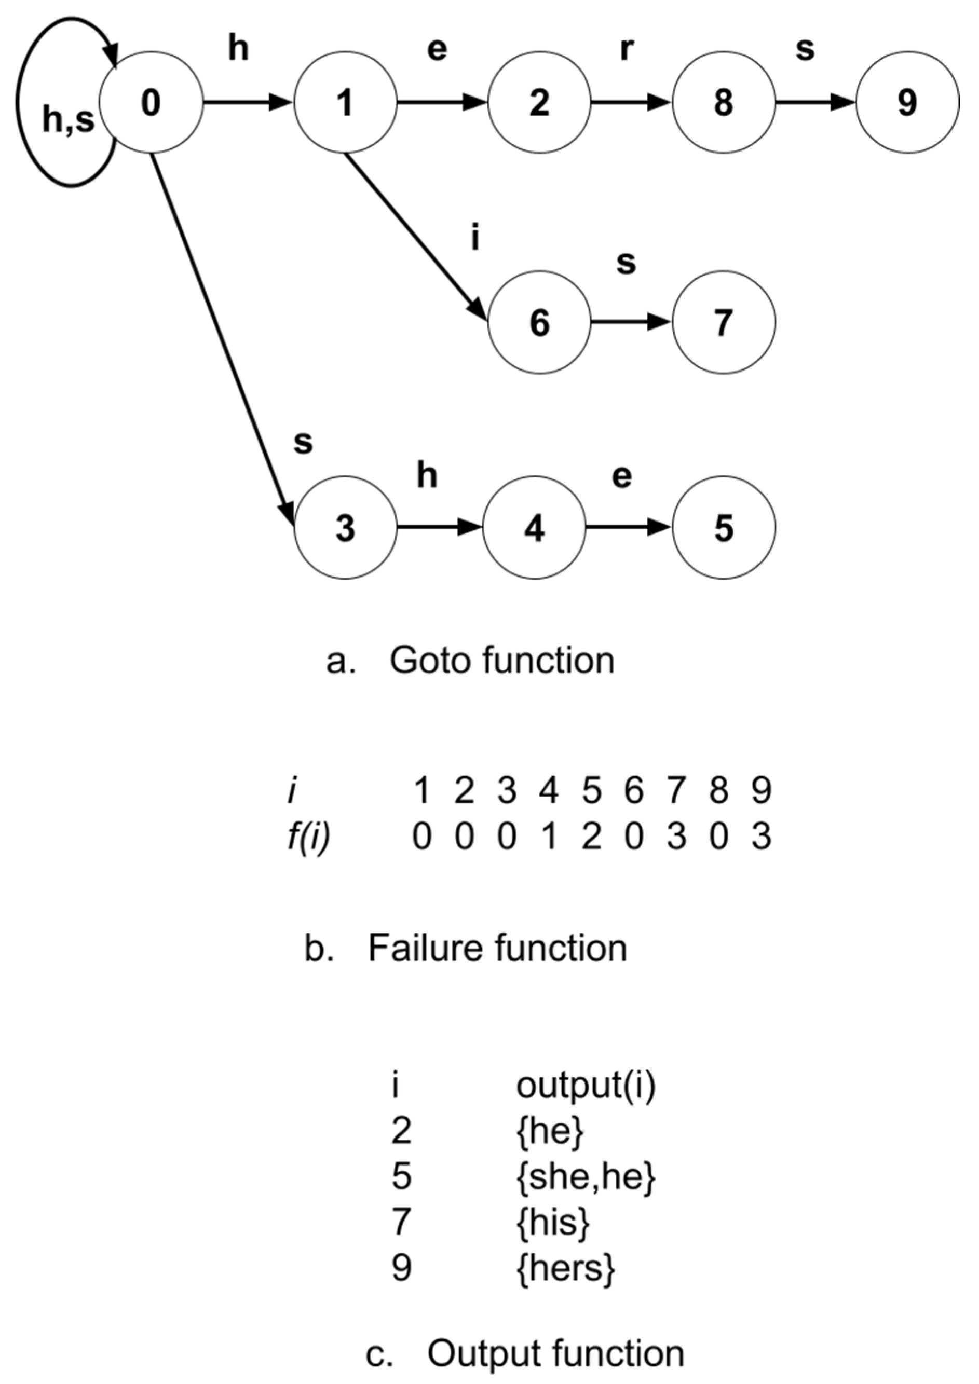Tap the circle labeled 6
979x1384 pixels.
pos(539,322)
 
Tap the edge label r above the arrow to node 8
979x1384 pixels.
pos(627,49)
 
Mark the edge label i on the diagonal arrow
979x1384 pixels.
pos(475,238)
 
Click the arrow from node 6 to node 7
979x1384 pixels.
pos(631,322)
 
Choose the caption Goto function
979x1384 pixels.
pos(501,661)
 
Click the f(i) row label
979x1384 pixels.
pos(309,838)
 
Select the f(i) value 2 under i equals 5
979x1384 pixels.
pos(591,838)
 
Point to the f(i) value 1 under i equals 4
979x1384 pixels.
pos(549,838)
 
